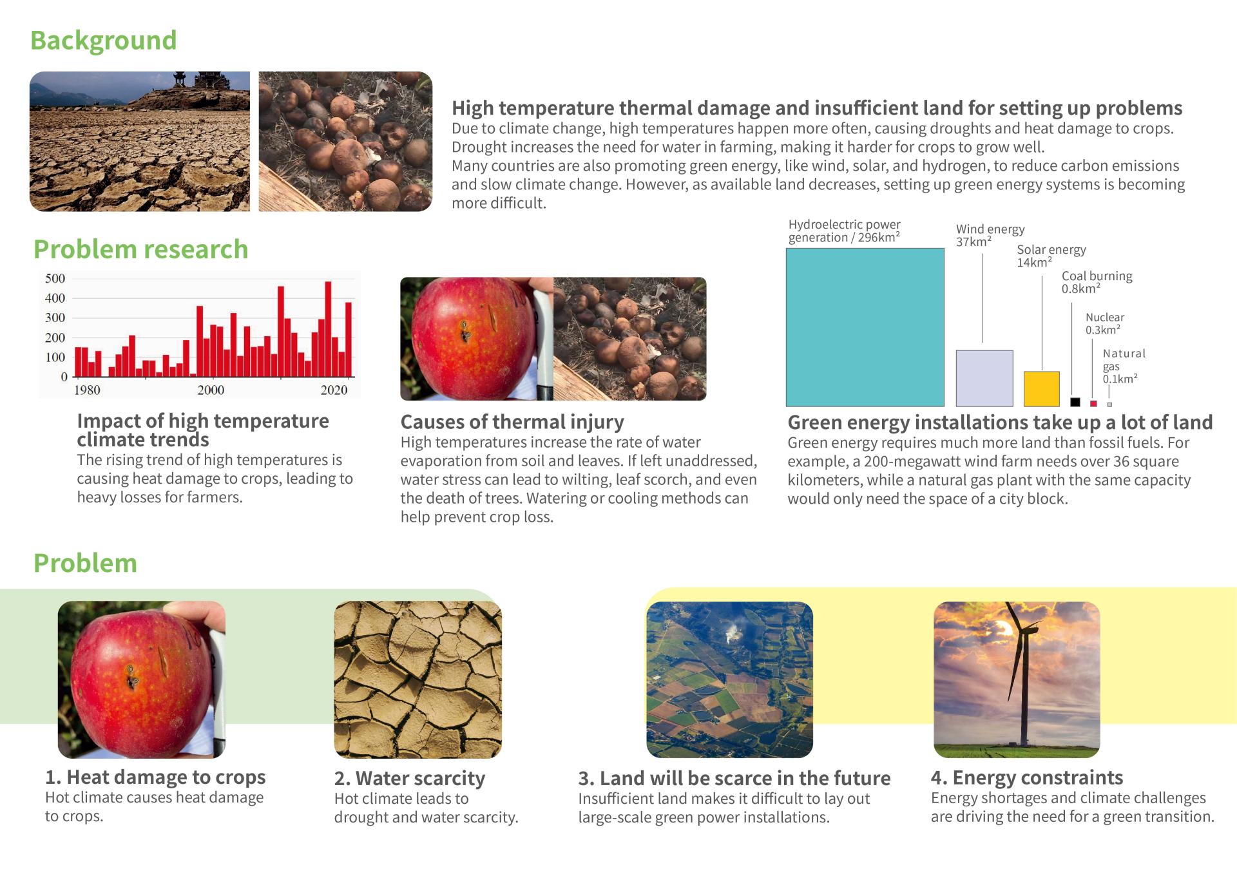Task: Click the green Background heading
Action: click(x=103, y=41)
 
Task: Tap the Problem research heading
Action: click(x=140, y=250)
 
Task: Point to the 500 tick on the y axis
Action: click(x=55, y=278)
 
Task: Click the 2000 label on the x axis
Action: click(x=211, y=390)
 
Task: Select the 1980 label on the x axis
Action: click(x=87, y=390)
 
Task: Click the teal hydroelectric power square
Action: click(x=865, y=327)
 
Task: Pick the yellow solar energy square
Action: click(x=1041, y=389)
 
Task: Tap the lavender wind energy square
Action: click(x=984, y=379)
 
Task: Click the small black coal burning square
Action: click(x=1075, y=403)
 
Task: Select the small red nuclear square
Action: click(x=1093, y=404)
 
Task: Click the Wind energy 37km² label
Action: click(x=990, y=235)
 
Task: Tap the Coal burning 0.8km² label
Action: click(x=1097, y=282)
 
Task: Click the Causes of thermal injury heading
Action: click(x=512, y=422)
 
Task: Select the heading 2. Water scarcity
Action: click(x=409, y=778)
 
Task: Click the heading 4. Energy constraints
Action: click(x=1027, y=777)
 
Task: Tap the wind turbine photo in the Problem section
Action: click(x=1017, y=679)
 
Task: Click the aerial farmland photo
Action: click(x=729, y=679)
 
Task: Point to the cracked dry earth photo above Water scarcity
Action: click(x=417, y=679)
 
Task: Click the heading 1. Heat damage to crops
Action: click(x=155, y=777)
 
